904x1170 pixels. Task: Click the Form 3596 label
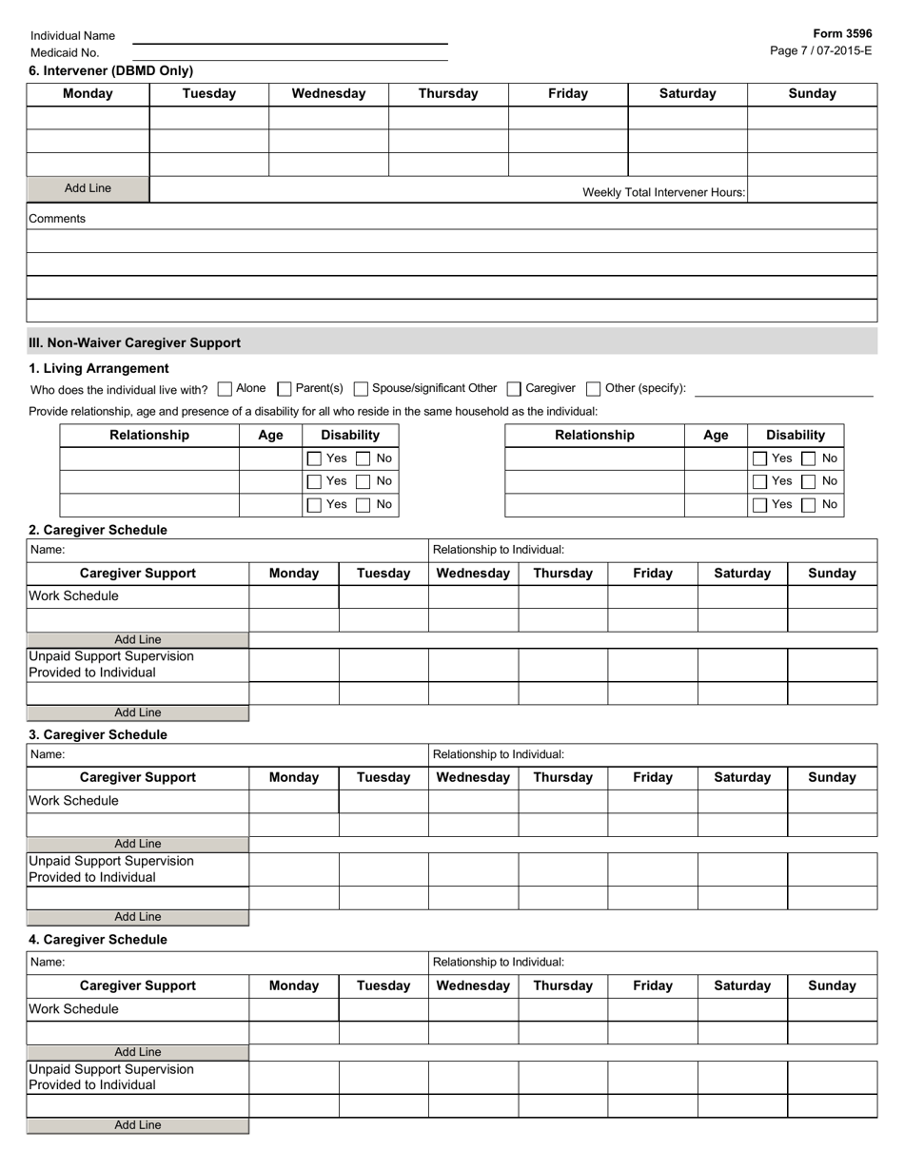click(x=842, y=33)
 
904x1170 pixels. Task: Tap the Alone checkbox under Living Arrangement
click(x=225, y=389)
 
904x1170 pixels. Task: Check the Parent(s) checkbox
click(x=284, y=389)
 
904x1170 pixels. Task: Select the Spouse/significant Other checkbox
click(x=361, y=389)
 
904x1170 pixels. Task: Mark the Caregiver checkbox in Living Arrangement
click(x=514, y=389)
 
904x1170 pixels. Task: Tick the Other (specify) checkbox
click(x=594, y=389)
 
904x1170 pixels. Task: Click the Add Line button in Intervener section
click(x=88, y=189)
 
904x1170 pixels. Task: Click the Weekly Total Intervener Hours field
click(x=812, y=191)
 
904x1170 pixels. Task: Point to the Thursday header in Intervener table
click(x=448, y=93)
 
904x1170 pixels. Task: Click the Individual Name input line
click(x=289, y=36)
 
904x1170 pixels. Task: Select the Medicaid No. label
click(x=65, y=53)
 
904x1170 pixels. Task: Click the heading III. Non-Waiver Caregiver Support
click(x=134, y=343)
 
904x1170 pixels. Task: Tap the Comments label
click(x=57, y=219)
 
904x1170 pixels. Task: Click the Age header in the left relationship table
click(x=270, y=436)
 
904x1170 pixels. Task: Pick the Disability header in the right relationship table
click(x=796, y=436)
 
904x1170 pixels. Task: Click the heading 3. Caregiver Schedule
click(x=97, y=735)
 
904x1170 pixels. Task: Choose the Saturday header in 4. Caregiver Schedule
click(x=742, y=985)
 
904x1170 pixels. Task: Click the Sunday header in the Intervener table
click(x=812, y=93)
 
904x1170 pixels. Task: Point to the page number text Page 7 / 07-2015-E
click(x=820, y=50)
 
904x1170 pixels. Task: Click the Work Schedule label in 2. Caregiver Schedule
click(x=74, y=596)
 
